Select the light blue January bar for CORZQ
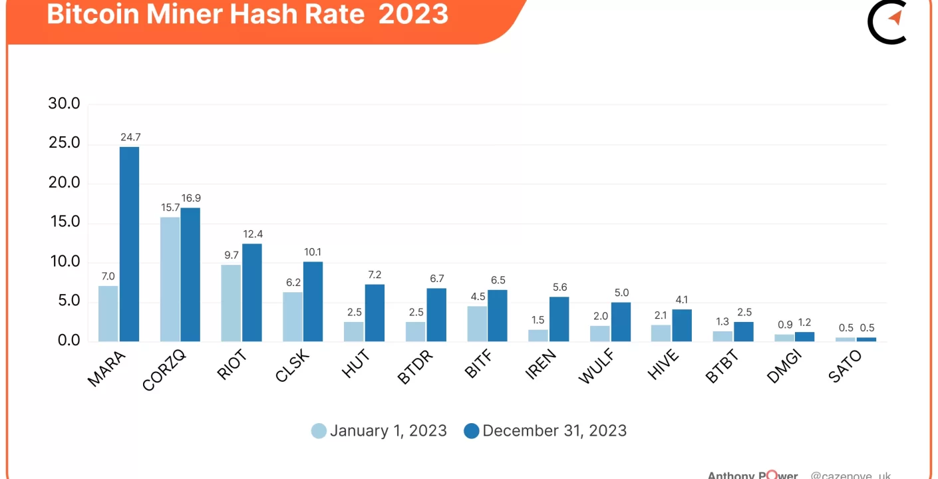click(170, 279)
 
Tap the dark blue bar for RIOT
click(252, 292)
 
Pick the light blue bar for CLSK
click(293, 316)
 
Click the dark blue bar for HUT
click(375, 313)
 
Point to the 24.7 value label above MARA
click(130, 138)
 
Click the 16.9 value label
click(192, 198)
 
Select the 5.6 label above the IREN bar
click(559, 287)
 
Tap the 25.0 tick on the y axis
click(64, 143)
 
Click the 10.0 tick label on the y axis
click(64, 261)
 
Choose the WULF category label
click(595, 367)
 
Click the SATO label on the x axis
click(846, 366)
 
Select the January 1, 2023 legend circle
click(319, 430)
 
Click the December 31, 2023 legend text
click(555, 430)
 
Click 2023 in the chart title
click(413, 13)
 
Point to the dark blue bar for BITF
click(498, 315)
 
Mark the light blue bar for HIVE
click(661, 333)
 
